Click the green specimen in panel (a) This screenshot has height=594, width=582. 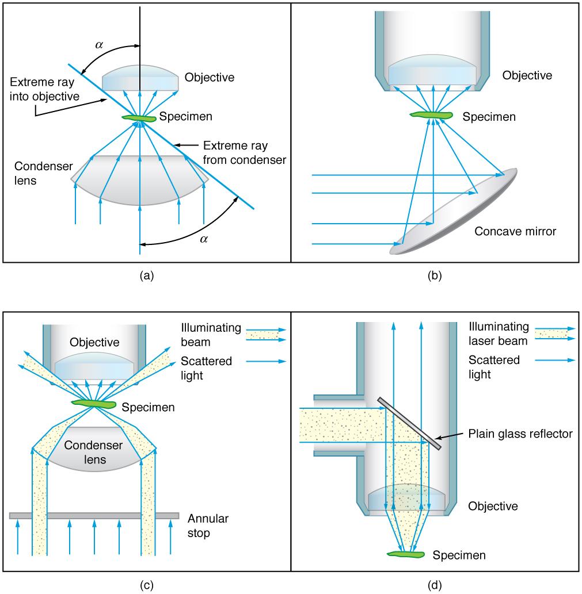139,118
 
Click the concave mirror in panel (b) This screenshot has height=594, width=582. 455,213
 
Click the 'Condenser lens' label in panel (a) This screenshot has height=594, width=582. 44,173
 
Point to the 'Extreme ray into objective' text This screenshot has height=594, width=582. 44,89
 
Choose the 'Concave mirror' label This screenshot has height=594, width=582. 515,232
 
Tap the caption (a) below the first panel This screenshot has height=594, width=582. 146,276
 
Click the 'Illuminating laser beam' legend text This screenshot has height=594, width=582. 499,334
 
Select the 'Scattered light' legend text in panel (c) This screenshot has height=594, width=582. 206,367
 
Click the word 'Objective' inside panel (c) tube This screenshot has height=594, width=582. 94,343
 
